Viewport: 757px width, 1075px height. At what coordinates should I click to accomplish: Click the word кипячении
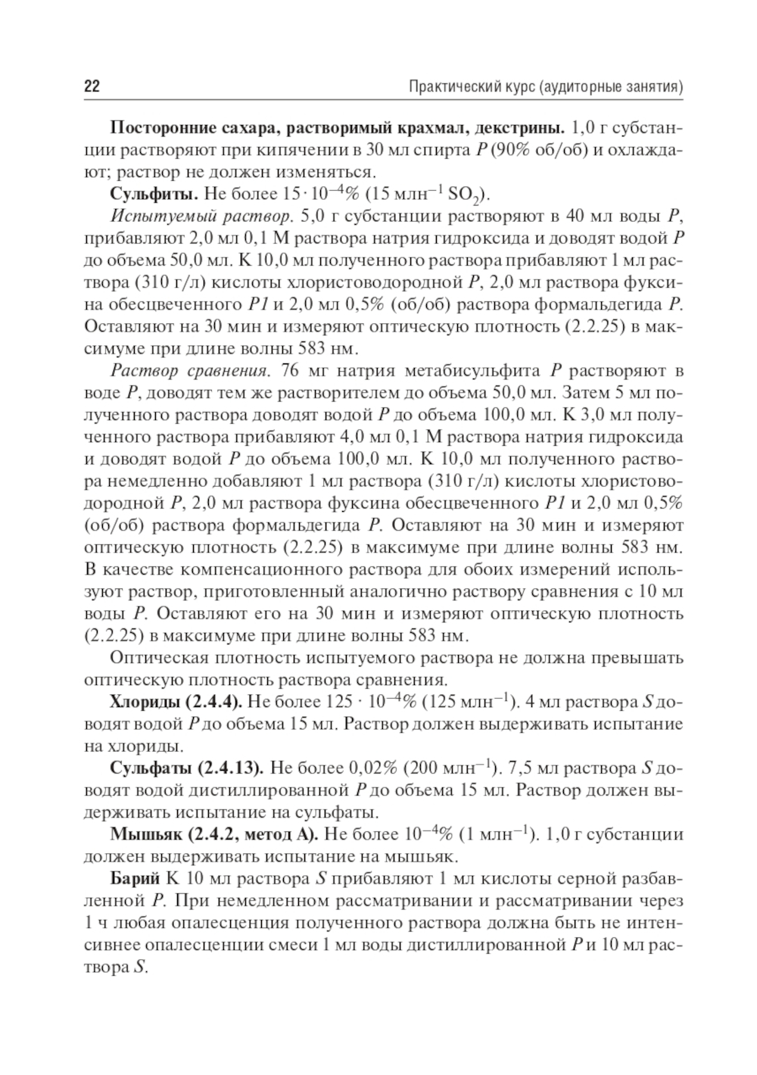307,148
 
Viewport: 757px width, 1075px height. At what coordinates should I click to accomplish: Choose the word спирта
447,148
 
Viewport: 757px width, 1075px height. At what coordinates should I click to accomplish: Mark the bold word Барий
135,880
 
